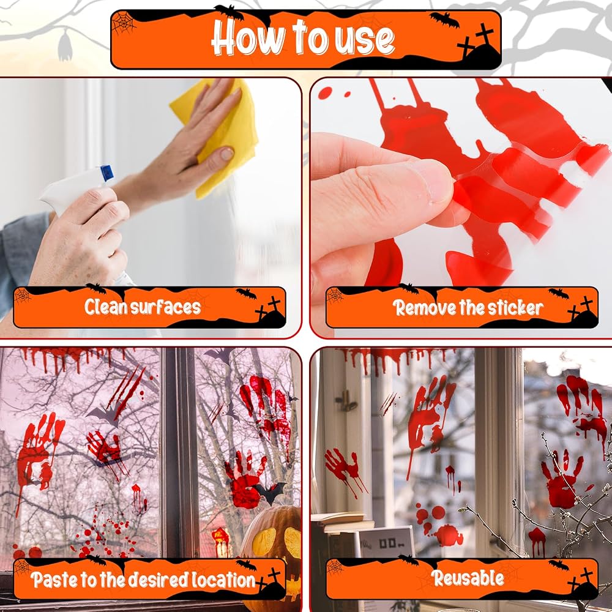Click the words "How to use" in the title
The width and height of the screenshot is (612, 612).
coord(303,38)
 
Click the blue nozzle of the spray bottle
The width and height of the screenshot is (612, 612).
coord(106,173)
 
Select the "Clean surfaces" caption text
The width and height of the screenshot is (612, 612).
coord(143,307)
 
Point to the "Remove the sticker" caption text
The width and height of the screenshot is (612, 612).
coord(468,308)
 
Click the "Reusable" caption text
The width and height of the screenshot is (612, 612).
coord(468,578)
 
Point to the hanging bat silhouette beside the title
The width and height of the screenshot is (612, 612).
coord(65,46)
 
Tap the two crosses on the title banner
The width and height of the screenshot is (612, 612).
coord(476,41)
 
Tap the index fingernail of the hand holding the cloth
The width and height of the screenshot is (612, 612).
coord(227,154)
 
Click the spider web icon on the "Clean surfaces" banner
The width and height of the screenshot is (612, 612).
coord(22,296)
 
